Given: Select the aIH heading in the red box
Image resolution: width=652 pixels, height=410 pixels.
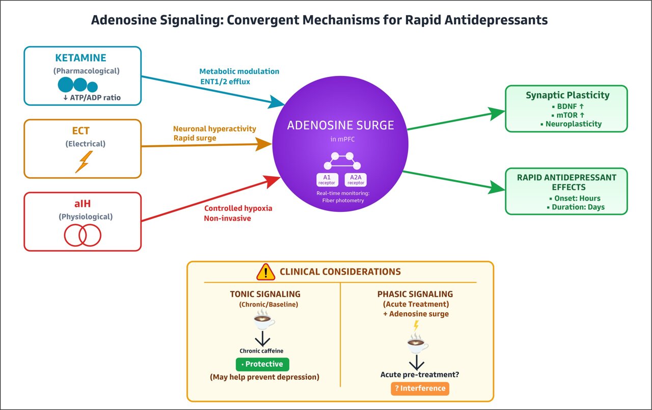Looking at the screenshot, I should tap(83, 204).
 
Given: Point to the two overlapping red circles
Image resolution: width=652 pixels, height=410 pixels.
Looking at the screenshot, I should tap(83, 235).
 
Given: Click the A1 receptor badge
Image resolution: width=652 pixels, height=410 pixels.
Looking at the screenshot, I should tap(328, 179).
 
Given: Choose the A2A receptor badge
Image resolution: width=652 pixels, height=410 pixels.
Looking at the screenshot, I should tap(356, 179).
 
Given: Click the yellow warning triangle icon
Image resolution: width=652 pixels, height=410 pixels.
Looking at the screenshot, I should tap(265, 272).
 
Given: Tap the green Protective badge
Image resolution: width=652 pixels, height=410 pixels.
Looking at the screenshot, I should tap(262, 364).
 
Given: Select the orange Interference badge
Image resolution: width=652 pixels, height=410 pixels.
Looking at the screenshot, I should tap(420, 388).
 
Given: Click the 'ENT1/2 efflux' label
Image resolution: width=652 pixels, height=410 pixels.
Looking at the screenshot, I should tap(225, 81).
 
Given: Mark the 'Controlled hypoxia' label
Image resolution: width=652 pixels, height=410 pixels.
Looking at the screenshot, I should tap(238, 208).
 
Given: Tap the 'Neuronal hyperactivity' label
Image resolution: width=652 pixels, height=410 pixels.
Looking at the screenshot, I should tap(214, 129).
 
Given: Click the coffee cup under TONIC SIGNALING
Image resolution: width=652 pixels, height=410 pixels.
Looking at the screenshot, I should tap(264, 320).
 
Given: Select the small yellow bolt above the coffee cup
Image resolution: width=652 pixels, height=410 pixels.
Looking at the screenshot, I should tap(416, 326).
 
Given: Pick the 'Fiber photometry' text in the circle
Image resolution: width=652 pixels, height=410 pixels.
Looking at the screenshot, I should tap(340, 201).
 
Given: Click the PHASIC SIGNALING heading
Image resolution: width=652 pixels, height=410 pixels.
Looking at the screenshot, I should tap(415, 294).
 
